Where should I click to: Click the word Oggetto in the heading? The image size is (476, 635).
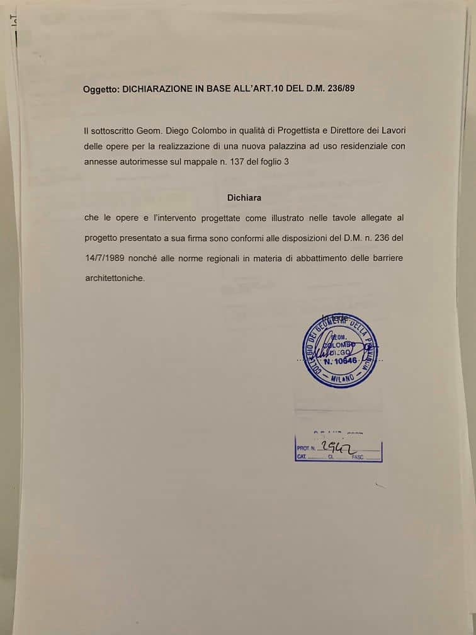pos(101,89)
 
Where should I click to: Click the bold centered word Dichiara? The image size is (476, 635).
pos(244,197)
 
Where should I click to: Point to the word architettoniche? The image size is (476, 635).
pos(114,277)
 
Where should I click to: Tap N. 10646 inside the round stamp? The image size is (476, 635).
pos(341,362)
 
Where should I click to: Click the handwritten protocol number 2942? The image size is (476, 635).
pos(336,447)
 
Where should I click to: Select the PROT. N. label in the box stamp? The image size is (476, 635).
pos(305,450)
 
